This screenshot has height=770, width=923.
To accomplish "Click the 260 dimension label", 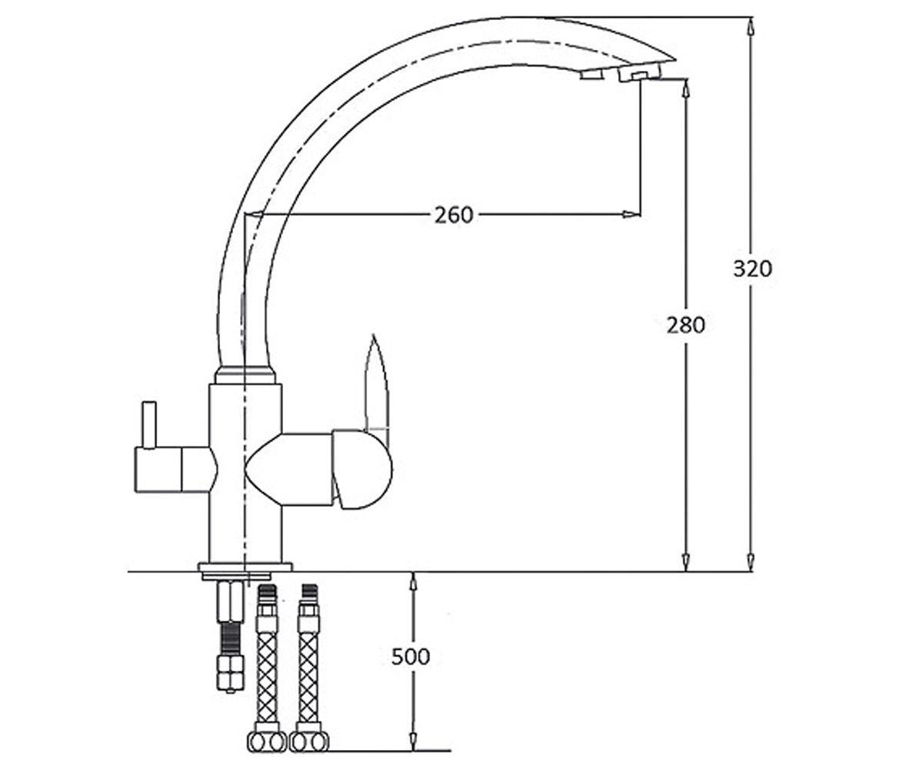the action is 454,215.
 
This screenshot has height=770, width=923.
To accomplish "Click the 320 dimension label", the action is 752,268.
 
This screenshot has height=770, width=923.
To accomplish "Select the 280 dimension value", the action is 685,326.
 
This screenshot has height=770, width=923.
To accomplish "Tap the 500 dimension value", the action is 411,657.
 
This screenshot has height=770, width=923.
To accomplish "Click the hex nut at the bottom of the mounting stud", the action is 231,674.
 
